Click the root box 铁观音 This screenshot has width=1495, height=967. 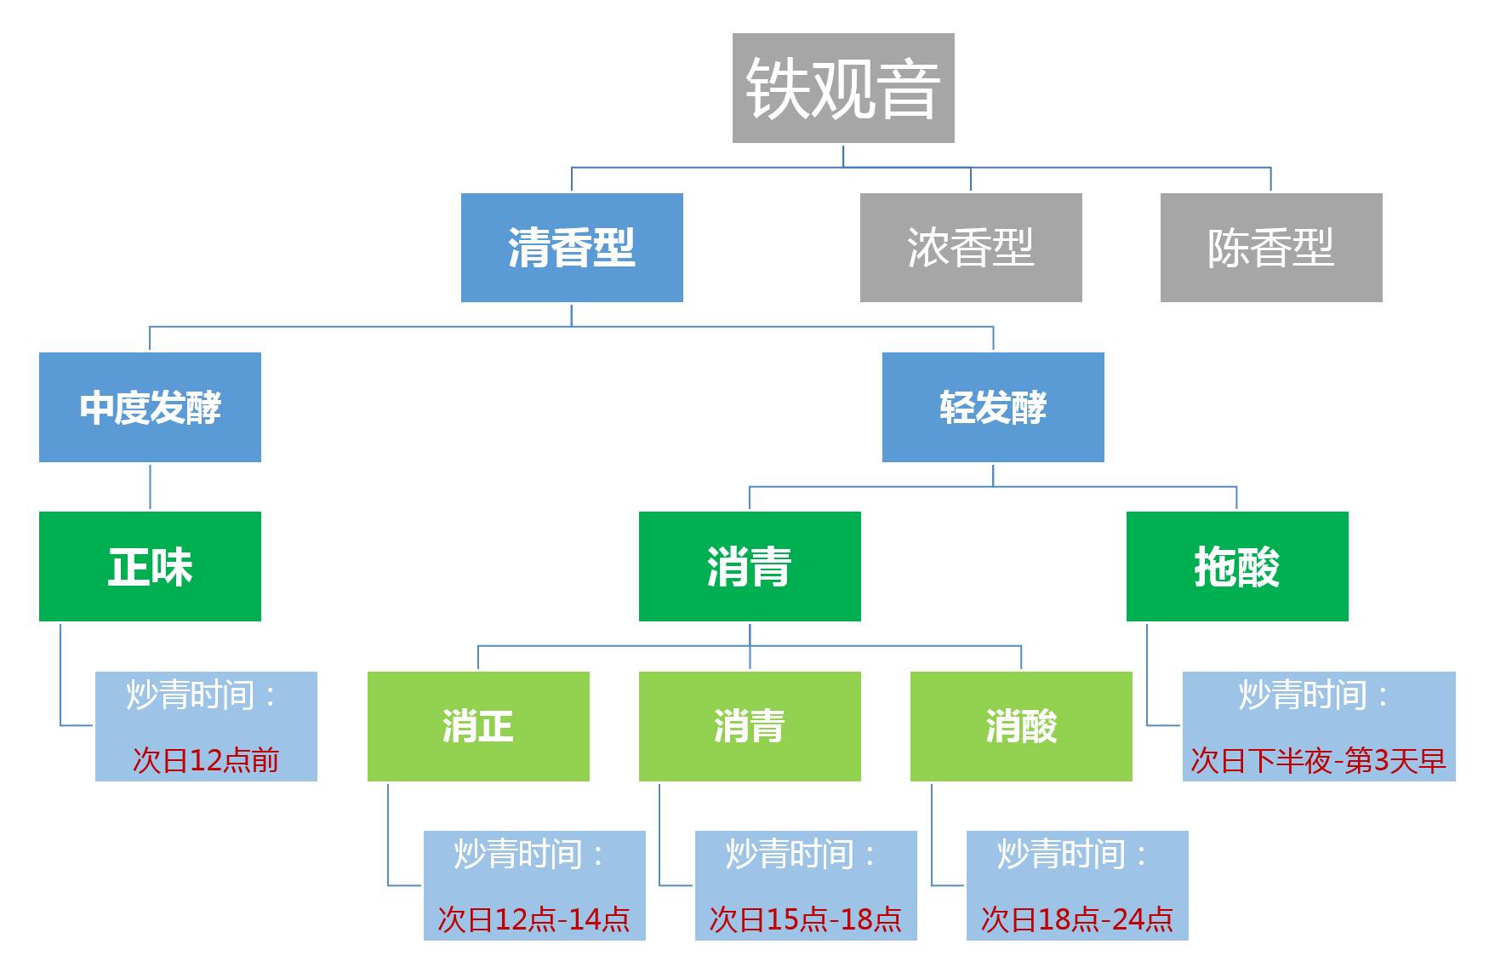pos(842,88)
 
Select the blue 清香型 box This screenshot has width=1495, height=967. pos(572,248)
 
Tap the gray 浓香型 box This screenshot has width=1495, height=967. pos(971,248)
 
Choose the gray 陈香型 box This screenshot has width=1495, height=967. pos(1271,248)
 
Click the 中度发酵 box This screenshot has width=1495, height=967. pos(150,407)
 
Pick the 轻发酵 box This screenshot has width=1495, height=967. pos(993,407)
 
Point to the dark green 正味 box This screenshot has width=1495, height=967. pos(150,566)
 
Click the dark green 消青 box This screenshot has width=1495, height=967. pos(750,566)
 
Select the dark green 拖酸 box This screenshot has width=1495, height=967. pos(1237,566)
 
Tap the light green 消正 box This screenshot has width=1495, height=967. pos(478,726)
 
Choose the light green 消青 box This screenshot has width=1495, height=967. pos(750,726)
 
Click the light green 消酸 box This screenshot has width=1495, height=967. pos(1021,726)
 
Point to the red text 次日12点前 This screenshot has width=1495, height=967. pos(206,759)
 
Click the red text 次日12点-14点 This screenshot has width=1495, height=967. pos(534,918)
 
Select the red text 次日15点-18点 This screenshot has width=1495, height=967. pos(806,918)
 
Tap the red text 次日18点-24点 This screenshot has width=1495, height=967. pos(1077,918)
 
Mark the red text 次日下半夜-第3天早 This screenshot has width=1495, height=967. pos(1318,759)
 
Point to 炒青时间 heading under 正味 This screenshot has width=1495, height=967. pos(201,695)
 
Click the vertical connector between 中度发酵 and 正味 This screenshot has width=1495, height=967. pos(151,487)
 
